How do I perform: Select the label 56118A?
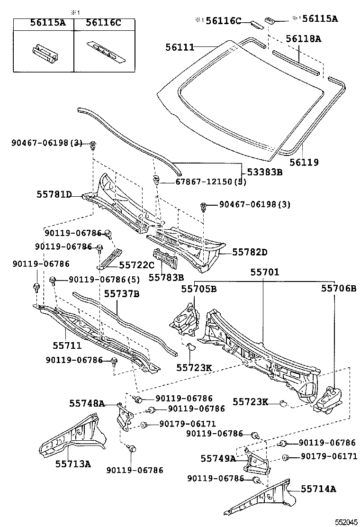[x=303, y=39]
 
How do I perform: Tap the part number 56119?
[x=303, y=163]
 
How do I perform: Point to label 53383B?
[x=263, y=172]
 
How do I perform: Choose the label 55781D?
[x=54, y=194]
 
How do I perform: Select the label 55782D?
[x=250, y=252]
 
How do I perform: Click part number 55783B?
[x=166, y=277]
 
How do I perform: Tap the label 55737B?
[x=122, y=294]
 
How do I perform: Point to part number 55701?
[x=265, y=273]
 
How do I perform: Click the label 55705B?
[x=199, y=289]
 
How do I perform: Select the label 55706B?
[x=338, y=288]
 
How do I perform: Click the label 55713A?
[x=73, y=463]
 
